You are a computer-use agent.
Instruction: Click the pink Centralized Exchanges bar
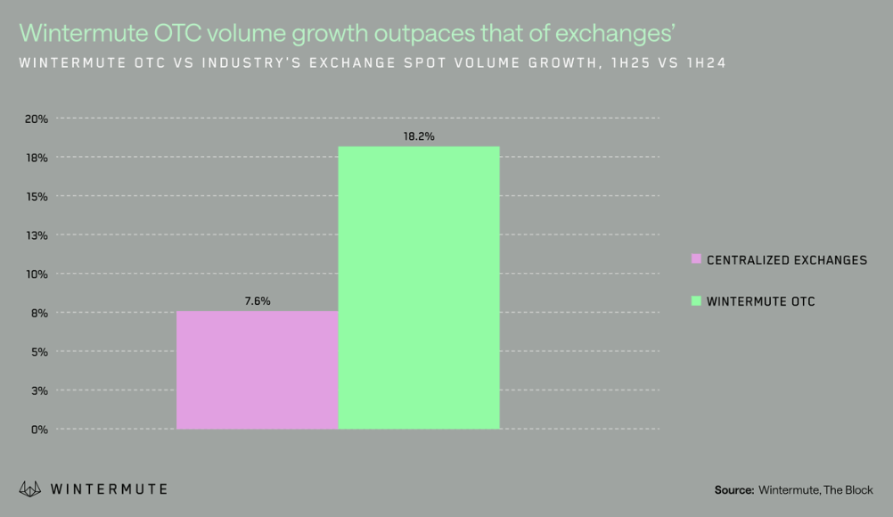[x=257, y=370]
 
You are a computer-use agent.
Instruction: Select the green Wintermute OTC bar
[x=419, y=288]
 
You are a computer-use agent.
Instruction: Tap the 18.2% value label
[x=419, y=136]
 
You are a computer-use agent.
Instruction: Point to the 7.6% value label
[x=258, y=301]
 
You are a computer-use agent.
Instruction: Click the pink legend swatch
[x=696, y=259]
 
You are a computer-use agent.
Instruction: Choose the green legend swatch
[x=696, y=301]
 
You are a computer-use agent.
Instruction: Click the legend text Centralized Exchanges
[x=786, y=260]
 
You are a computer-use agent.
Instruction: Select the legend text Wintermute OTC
[x=760, y=301]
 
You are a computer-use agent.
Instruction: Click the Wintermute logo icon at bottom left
[x=30, y=488]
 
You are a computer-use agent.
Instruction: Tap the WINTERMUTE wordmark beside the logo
[x=109, y=489]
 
